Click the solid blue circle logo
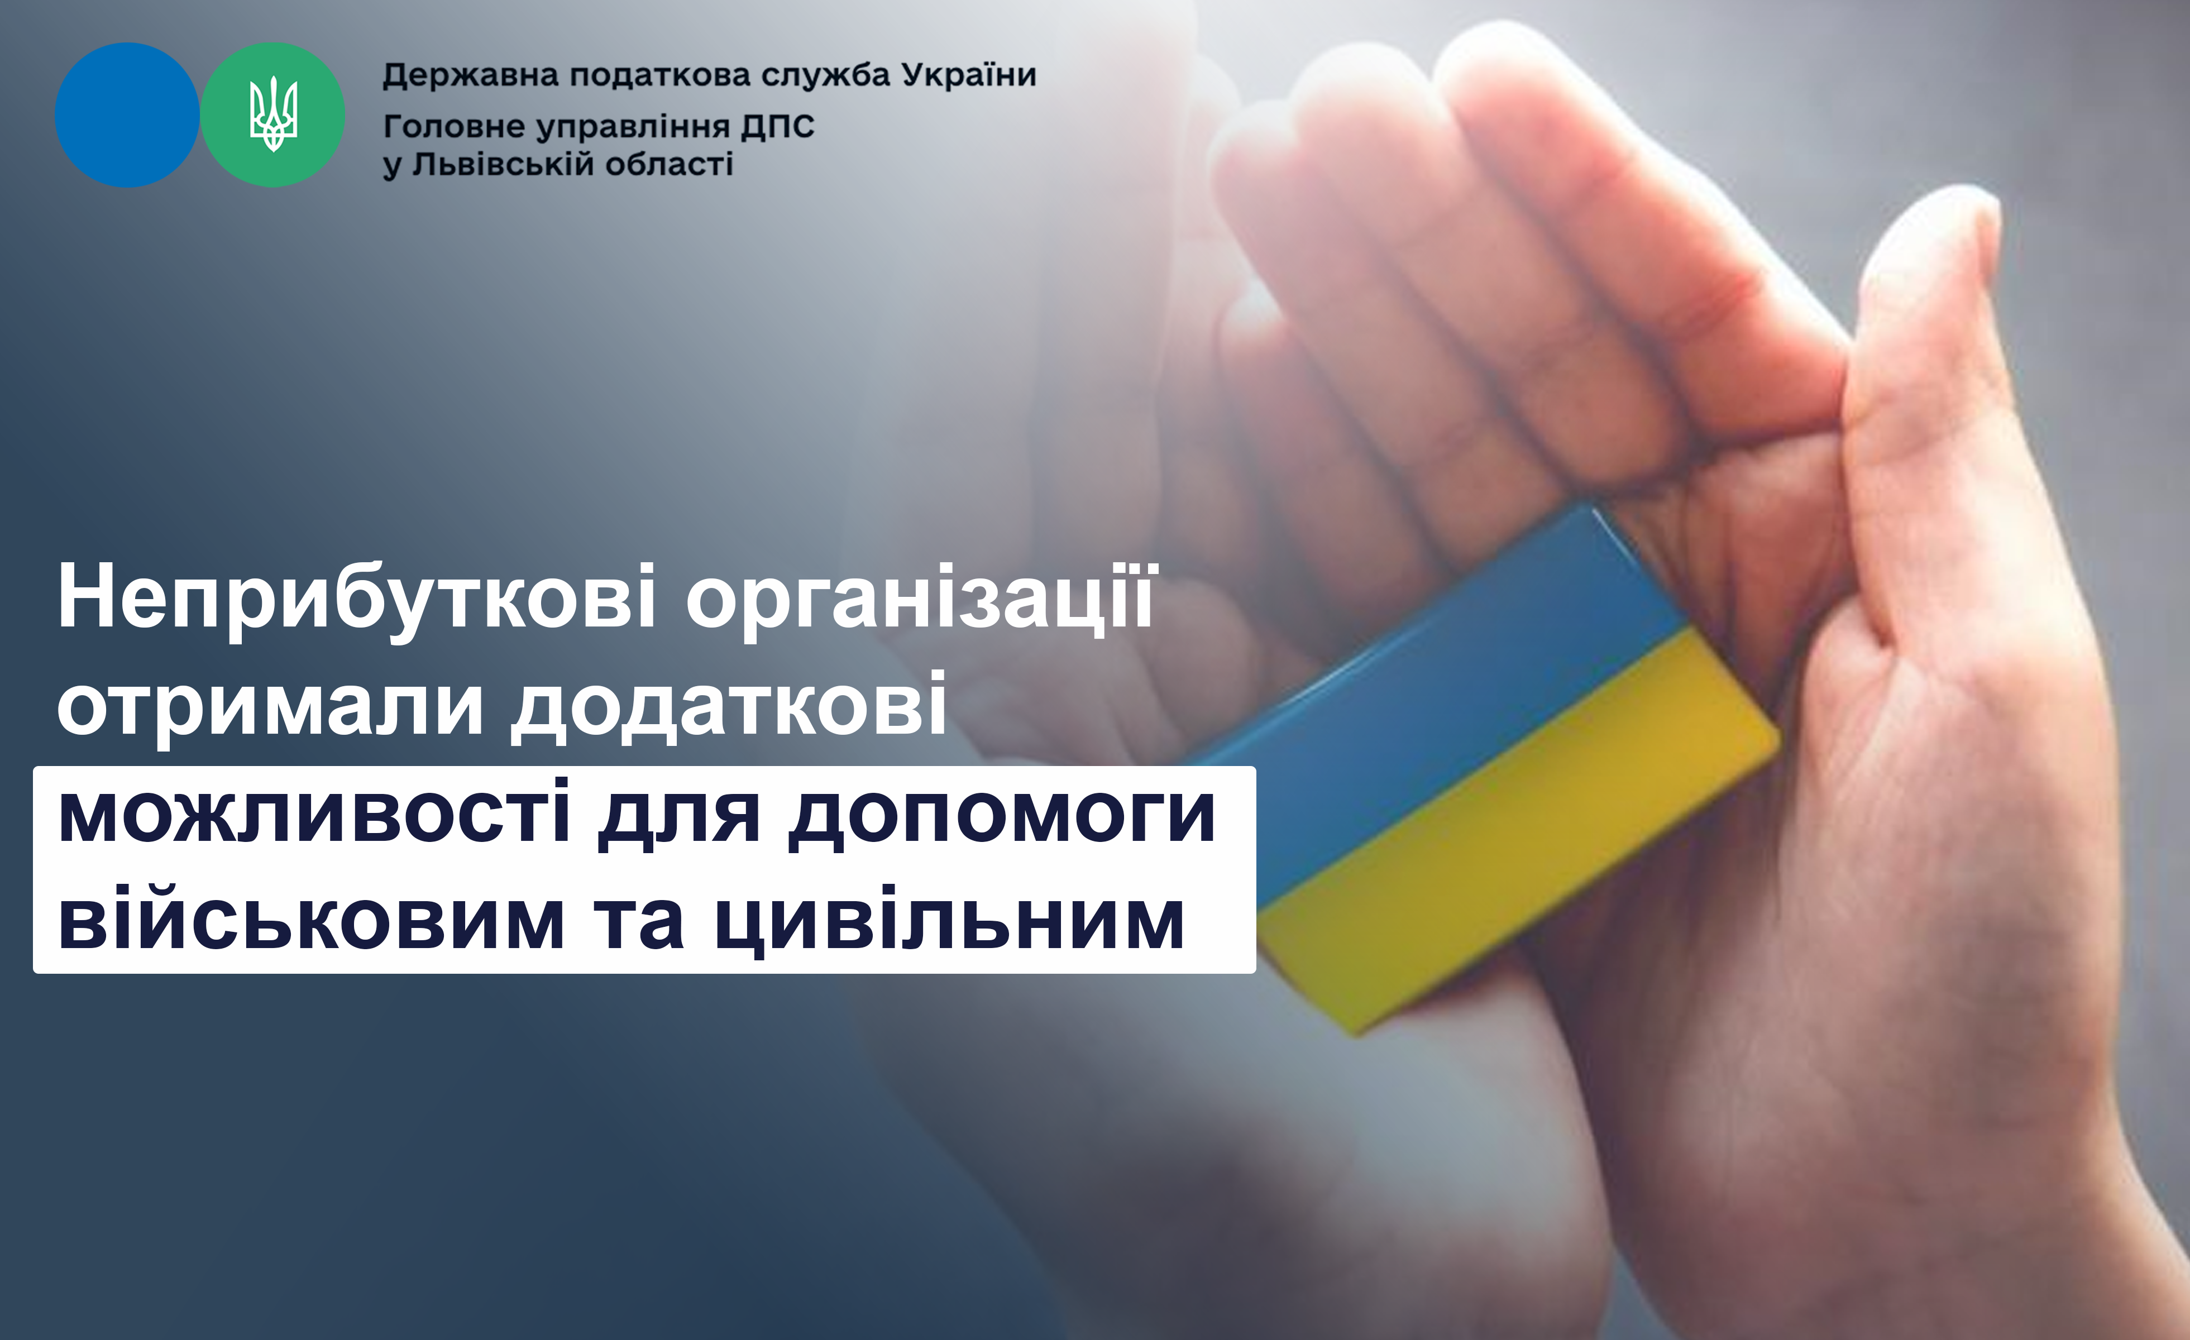pos(127,114)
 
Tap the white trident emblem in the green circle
pos(273,114)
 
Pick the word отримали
pos(271,706)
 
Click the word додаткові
pos(729,706)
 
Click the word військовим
pos(311,919)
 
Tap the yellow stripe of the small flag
pos(1511,844)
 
